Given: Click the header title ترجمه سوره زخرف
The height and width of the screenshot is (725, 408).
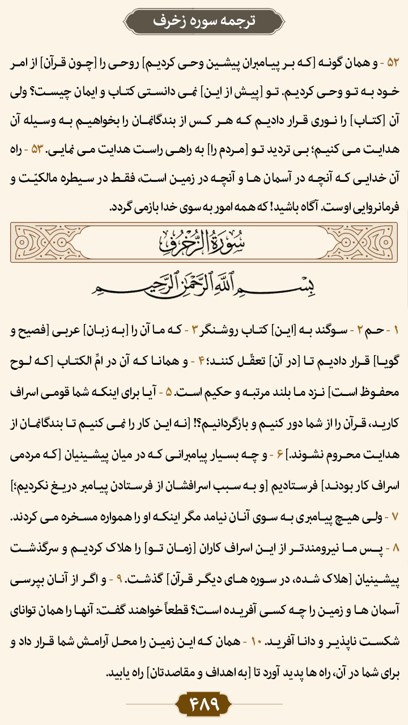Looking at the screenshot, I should click(x=204, y=21).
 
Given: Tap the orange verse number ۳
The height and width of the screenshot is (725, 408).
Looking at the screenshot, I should click(x=194, y=331).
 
